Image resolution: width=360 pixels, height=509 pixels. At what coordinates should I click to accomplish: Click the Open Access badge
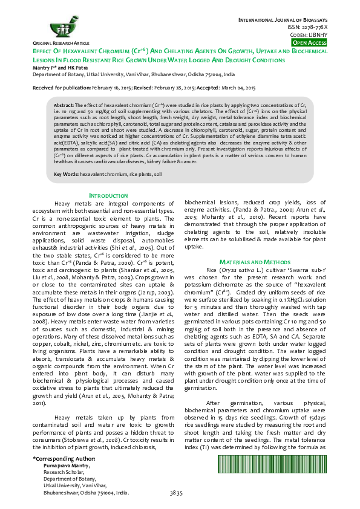(x=310, y=44)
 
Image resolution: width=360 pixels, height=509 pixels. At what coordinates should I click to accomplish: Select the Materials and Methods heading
(x=255, y=261)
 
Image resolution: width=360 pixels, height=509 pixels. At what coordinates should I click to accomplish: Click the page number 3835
(x=176, y=494)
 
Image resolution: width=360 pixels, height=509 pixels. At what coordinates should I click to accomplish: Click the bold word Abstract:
(x=64, y=105)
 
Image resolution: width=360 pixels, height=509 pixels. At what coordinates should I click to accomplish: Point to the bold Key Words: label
(x=67, y=173)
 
